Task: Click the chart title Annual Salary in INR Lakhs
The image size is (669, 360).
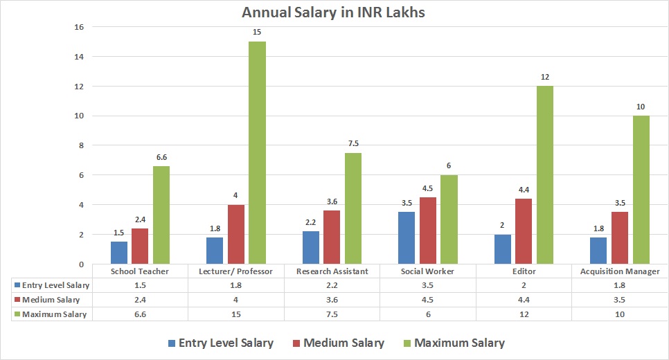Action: point(334,12)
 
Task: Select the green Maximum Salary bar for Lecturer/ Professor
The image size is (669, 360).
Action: point(257,152)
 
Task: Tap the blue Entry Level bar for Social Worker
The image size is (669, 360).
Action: point(407,238)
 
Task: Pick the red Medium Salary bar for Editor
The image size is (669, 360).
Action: point(524,231)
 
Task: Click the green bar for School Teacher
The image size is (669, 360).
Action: point(161,215)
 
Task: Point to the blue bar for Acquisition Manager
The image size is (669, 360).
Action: point(599,251)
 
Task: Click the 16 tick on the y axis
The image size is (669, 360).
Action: point(78,27)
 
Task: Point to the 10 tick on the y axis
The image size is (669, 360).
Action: point(78,116)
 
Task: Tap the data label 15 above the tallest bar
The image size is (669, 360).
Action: point(257,32)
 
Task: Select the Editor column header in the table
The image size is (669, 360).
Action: point(524,271)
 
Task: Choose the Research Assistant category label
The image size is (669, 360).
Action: point(332,271)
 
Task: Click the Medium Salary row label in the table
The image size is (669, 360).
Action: point(51,300)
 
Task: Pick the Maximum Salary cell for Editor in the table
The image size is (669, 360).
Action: point(524,314)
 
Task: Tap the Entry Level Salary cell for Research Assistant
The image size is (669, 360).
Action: point(332,285)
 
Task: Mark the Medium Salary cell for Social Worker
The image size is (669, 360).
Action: point(428,300)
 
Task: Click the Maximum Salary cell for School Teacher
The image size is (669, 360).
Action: point(140,314)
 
